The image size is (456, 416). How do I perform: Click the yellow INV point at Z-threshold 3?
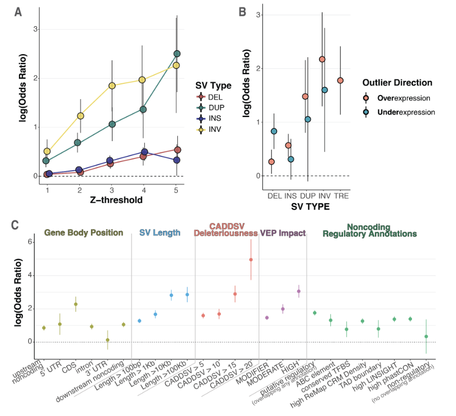coord(111,85)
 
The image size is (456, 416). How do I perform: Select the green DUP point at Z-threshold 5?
coord(177,54)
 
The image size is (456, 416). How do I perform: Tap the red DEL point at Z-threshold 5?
coord(177,150)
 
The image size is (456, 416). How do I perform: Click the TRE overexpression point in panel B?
coord(340,80)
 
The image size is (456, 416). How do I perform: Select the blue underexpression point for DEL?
coord(274,131)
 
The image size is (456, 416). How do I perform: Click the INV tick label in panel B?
coord(323,196)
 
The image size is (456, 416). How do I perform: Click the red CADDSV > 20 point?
coord(251,260)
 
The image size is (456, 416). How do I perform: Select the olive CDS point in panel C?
coord(76,304)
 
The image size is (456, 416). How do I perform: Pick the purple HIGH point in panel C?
coord(299,291)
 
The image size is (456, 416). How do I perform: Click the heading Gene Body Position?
coord(84,233)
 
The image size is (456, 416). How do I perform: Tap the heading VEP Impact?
coord(283,233)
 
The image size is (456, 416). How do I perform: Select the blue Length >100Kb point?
coord(187,294)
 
